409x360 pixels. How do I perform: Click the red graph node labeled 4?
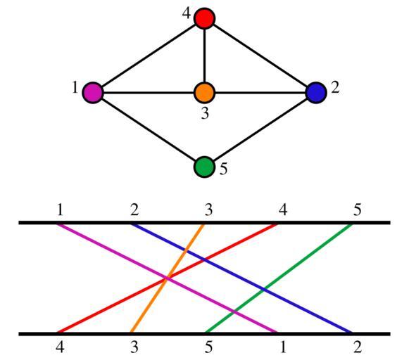point(204,18)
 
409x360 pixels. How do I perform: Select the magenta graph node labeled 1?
point(93,93)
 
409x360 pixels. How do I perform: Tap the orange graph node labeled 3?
point(204,93)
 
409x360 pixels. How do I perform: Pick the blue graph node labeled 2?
point(316,93)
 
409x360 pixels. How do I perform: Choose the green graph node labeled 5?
point(204,167)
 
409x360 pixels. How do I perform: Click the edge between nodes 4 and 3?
point(204,56)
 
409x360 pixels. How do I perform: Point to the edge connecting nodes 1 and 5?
point(149,129)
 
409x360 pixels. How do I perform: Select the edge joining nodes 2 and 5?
point(260,129)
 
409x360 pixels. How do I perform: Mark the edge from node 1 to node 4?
point(149,56)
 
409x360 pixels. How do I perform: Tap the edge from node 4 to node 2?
point(260,56)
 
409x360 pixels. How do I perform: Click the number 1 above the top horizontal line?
point(61,210)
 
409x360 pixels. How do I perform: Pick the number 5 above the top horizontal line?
point(358,210)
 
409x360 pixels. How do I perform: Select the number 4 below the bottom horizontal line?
point(60,347)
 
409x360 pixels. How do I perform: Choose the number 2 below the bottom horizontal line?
point(358,347)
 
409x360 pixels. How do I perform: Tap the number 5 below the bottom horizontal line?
point(208,347)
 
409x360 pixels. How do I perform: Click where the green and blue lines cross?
point(264,290)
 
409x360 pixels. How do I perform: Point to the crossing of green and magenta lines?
point(234,311)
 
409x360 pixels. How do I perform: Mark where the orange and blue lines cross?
point(185,251)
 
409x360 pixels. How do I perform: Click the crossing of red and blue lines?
point(205,259)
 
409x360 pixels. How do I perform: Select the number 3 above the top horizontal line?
point(208,210)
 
